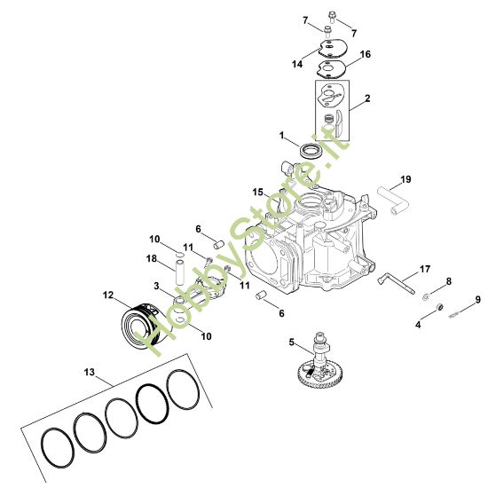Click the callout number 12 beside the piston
point(108,294)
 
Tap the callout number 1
point(282,137)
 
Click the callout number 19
point(405,179)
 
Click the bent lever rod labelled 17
point(394,281)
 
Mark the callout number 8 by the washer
point(448,282)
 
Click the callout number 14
point(297,65)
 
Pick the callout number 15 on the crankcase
point(256,192)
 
